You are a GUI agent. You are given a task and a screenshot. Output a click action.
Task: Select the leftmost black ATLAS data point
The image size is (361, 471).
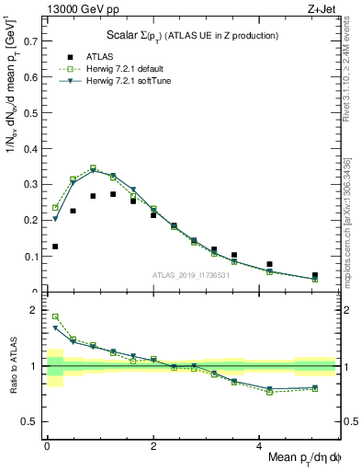click(x=55, y=247)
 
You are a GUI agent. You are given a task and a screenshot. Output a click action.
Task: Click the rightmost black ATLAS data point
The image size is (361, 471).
click(x=315, y=275)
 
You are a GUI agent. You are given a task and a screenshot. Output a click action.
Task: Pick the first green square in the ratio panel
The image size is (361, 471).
click(x=55, y=316)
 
